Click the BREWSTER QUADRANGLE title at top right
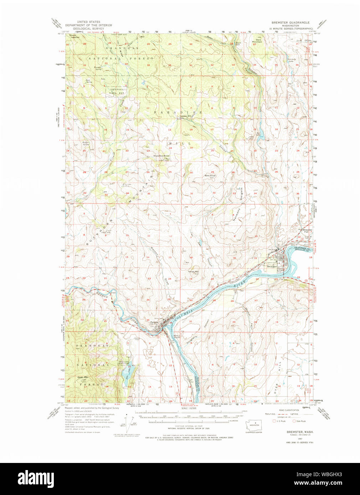pos(290,22)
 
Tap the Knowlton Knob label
pos(161,156)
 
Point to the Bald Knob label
pos(210,176)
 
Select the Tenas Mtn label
pos(194,272)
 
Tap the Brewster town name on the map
pos(272,266)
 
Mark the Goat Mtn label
pos(83,377)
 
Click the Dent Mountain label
pos(257,41)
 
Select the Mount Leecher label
pos(74,36)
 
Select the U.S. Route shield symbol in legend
pos(274,421)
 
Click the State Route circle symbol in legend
pos(294,421)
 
